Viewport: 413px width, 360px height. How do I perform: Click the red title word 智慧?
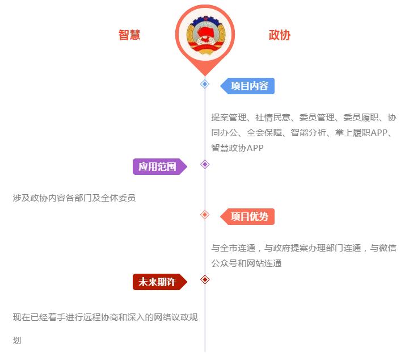[x=129, y=35]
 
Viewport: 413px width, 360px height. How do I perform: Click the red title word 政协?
[x=280, y=35]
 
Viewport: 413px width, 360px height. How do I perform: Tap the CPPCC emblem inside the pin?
[x=205, y=35]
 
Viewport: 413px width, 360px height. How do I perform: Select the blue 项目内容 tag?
[x=247, y=86]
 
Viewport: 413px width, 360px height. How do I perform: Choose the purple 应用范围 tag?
[x=160, y=166]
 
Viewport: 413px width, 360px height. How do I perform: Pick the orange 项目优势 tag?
[x=247, y=217]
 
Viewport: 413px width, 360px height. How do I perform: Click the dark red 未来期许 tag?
[x=160, y=282]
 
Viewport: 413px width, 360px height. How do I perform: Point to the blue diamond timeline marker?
[x=205, y=84]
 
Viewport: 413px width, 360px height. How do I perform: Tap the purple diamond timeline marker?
[x=205, y=165]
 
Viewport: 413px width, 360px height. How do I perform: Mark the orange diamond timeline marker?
[x=205, y=215]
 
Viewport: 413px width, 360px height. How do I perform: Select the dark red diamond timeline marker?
[x=205, y=279]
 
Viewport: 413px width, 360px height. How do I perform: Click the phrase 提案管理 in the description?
[x=229, y=118]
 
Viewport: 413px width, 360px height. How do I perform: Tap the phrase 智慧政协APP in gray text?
[x=237, y=148]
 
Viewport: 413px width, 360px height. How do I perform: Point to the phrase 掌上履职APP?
[x=361, y=132]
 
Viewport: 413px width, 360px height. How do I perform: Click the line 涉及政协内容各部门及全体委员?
[x=74, y=198]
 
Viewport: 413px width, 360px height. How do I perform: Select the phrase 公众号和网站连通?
[x=247, y=263]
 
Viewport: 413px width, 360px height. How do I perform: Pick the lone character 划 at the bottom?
[x=17, y=340]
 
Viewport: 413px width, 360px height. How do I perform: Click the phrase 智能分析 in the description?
[x=308, y=132]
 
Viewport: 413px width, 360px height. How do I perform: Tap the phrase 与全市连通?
[x=233, y=248]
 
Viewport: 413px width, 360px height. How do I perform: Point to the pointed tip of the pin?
[x=205, y=76]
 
